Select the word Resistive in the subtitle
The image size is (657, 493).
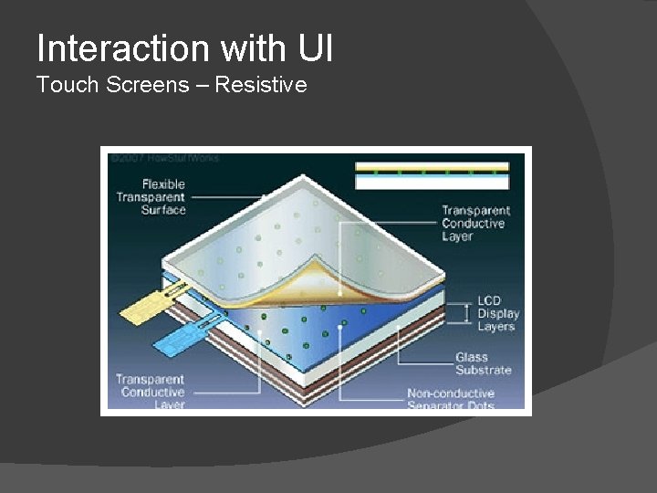point(262,86)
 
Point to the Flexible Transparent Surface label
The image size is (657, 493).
point(151,197)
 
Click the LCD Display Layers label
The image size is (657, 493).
point(495,314)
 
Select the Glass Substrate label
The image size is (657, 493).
point(484,363)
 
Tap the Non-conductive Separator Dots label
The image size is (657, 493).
point(464,399)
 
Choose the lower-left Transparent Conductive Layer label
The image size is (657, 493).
point(150,392)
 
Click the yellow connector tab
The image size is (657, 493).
point(150,305)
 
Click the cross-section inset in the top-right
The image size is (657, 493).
point(432,175)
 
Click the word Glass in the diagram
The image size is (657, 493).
point(472,357)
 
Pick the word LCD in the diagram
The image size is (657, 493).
point(490,301)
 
